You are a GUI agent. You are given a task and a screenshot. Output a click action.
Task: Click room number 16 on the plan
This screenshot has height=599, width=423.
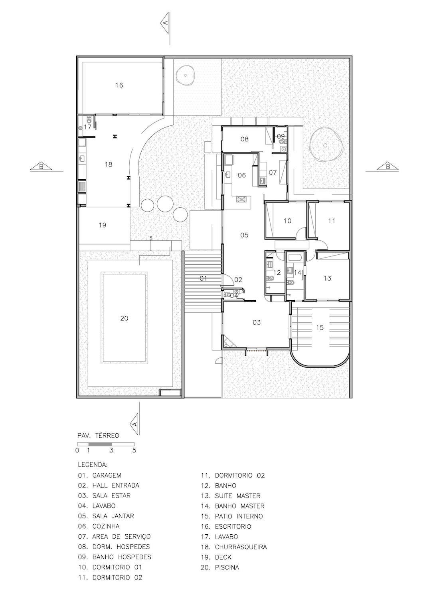pos(119,85)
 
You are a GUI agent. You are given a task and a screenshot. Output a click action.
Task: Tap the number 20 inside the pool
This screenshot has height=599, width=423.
pos(124,318)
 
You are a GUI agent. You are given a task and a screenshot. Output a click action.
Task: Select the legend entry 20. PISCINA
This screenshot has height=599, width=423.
pos(220,567)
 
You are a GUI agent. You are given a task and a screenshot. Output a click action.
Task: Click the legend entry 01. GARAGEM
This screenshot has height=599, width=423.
pos(100,475)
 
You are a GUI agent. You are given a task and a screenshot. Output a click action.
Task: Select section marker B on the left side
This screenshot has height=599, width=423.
pos(41,167)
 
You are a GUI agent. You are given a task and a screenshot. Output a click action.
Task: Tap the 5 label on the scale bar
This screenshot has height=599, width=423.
pos(134,450)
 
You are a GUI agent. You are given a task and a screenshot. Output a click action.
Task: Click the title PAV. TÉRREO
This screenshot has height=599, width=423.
pos(98,435)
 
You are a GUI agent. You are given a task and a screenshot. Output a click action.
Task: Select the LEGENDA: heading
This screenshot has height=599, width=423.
pos(93,465)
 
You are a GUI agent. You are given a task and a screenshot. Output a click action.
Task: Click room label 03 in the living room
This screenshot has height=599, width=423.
pos(256,322)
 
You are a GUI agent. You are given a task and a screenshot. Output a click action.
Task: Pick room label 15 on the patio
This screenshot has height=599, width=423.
pos(320,327)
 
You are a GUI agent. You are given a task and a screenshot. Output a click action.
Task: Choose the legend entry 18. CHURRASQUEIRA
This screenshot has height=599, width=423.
pos(234,547)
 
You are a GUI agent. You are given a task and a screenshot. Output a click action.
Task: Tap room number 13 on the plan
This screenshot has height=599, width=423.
pos(327,278)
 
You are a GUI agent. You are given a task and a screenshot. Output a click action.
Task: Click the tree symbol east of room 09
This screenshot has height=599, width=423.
pos(326,145)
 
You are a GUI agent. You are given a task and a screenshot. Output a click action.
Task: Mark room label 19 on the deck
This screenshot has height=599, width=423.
pos(102,225)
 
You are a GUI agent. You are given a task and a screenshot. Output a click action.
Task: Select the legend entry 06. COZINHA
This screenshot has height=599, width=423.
pos(99,526)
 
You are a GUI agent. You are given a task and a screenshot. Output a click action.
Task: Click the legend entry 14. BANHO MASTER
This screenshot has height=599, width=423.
pos(232,506)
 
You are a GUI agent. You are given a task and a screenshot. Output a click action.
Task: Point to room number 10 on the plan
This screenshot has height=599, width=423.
pos(287,221)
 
